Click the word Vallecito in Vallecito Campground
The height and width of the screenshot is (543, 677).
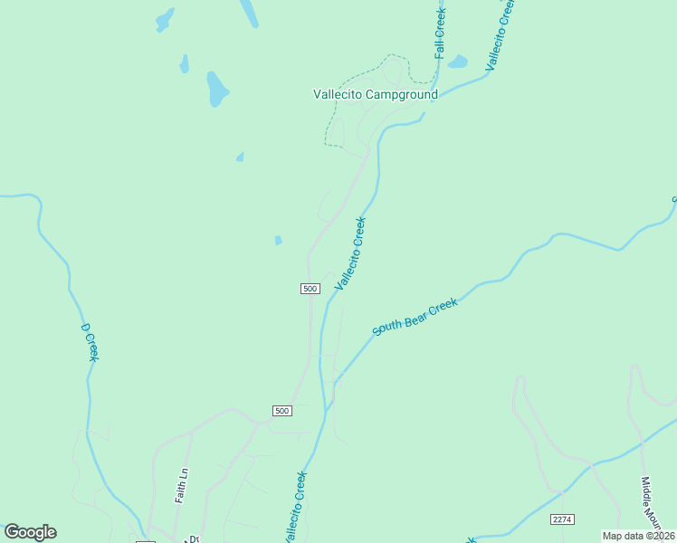(x=340, y=94)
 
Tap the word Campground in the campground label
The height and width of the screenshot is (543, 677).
(x=404, y=94)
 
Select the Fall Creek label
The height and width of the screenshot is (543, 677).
(x=441, y=34)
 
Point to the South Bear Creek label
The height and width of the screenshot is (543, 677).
(x=415, y=318)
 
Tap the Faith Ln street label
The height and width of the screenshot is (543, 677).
(x=183, y=484)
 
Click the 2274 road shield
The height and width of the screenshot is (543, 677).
(x=562, y=519)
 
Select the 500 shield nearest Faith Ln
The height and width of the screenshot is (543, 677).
(x=281, y=411)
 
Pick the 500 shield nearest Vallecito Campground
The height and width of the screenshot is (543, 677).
(x=310, y=288)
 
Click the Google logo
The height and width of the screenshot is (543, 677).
(x=30, y=532)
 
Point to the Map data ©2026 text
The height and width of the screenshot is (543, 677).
(x=638, y=536)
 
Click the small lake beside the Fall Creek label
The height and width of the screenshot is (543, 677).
(x=458, y=62)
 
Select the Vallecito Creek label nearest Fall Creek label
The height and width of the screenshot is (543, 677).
(x=500, y=34)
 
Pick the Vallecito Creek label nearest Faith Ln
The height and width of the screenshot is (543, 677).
(x=295, y=507)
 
